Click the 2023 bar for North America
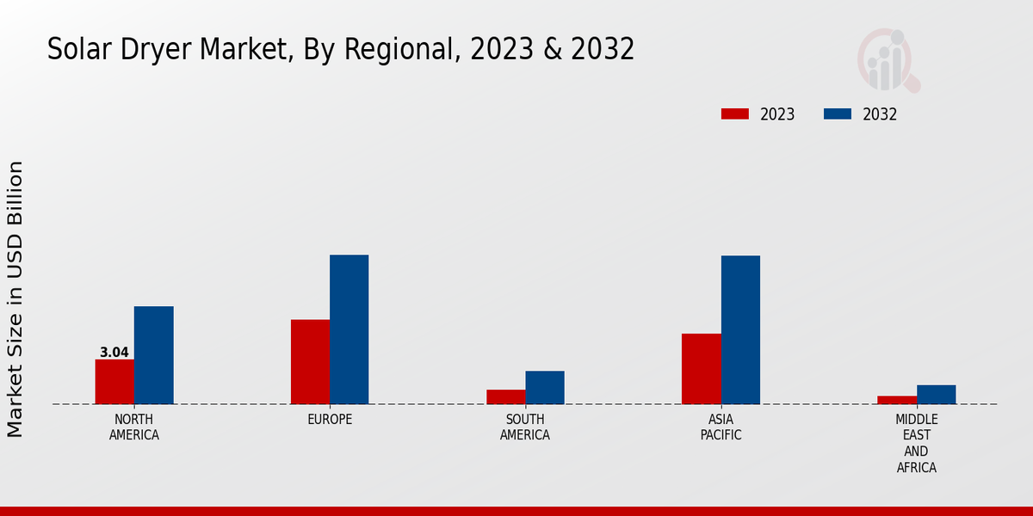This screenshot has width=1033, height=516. pos(114,382)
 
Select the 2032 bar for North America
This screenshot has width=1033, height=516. pos(153,355)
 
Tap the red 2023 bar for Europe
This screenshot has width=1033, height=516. pos(310,362)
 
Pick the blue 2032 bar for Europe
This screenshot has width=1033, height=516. pos(349,329)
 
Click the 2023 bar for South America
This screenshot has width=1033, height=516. pos(505,396)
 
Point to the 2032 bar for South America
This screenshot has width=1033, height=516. pos(545,387)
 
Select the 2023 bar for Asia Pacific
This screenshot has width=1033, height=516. pos(701,369)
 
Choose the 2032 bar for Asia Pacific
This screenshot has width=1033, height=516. pos(740,329)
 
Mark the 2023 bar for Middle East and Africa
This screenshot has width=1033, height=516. pos(897,400)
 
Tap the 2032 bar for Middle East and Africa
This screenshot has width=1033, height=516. pos(936,394)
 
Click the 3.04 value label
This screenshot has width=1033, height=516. pos(114,353)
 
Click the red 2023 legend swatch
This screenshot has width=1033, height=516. pos(735,114)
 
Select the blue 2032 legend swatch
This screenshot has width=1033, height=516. pos(838,114)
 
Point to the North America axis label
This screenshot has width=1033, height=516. pos(134,427)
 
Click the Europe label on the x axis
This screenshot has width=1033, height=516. pos(330,419)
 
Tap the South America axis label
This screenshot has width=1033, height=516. pos(525,427)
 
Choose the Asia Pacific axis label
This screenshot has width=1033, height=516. pos(721,427)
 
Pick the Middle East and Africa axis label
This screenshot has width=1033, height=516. pos(916,443)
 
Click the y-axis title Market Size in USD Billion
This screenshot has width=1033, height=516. pos(15,298)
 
